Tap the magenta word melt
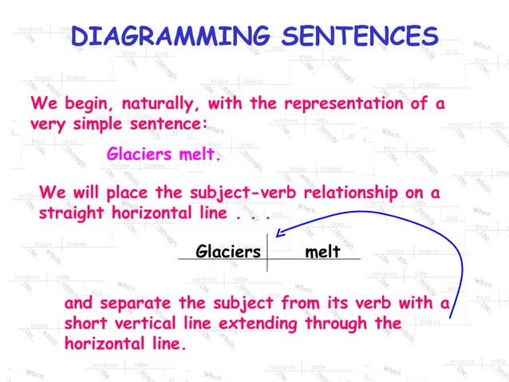point(199,153)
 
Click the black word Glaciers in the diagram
point(228,252)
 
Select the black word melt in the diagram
point(323,252)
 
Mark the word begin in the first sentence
point(85,105)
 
